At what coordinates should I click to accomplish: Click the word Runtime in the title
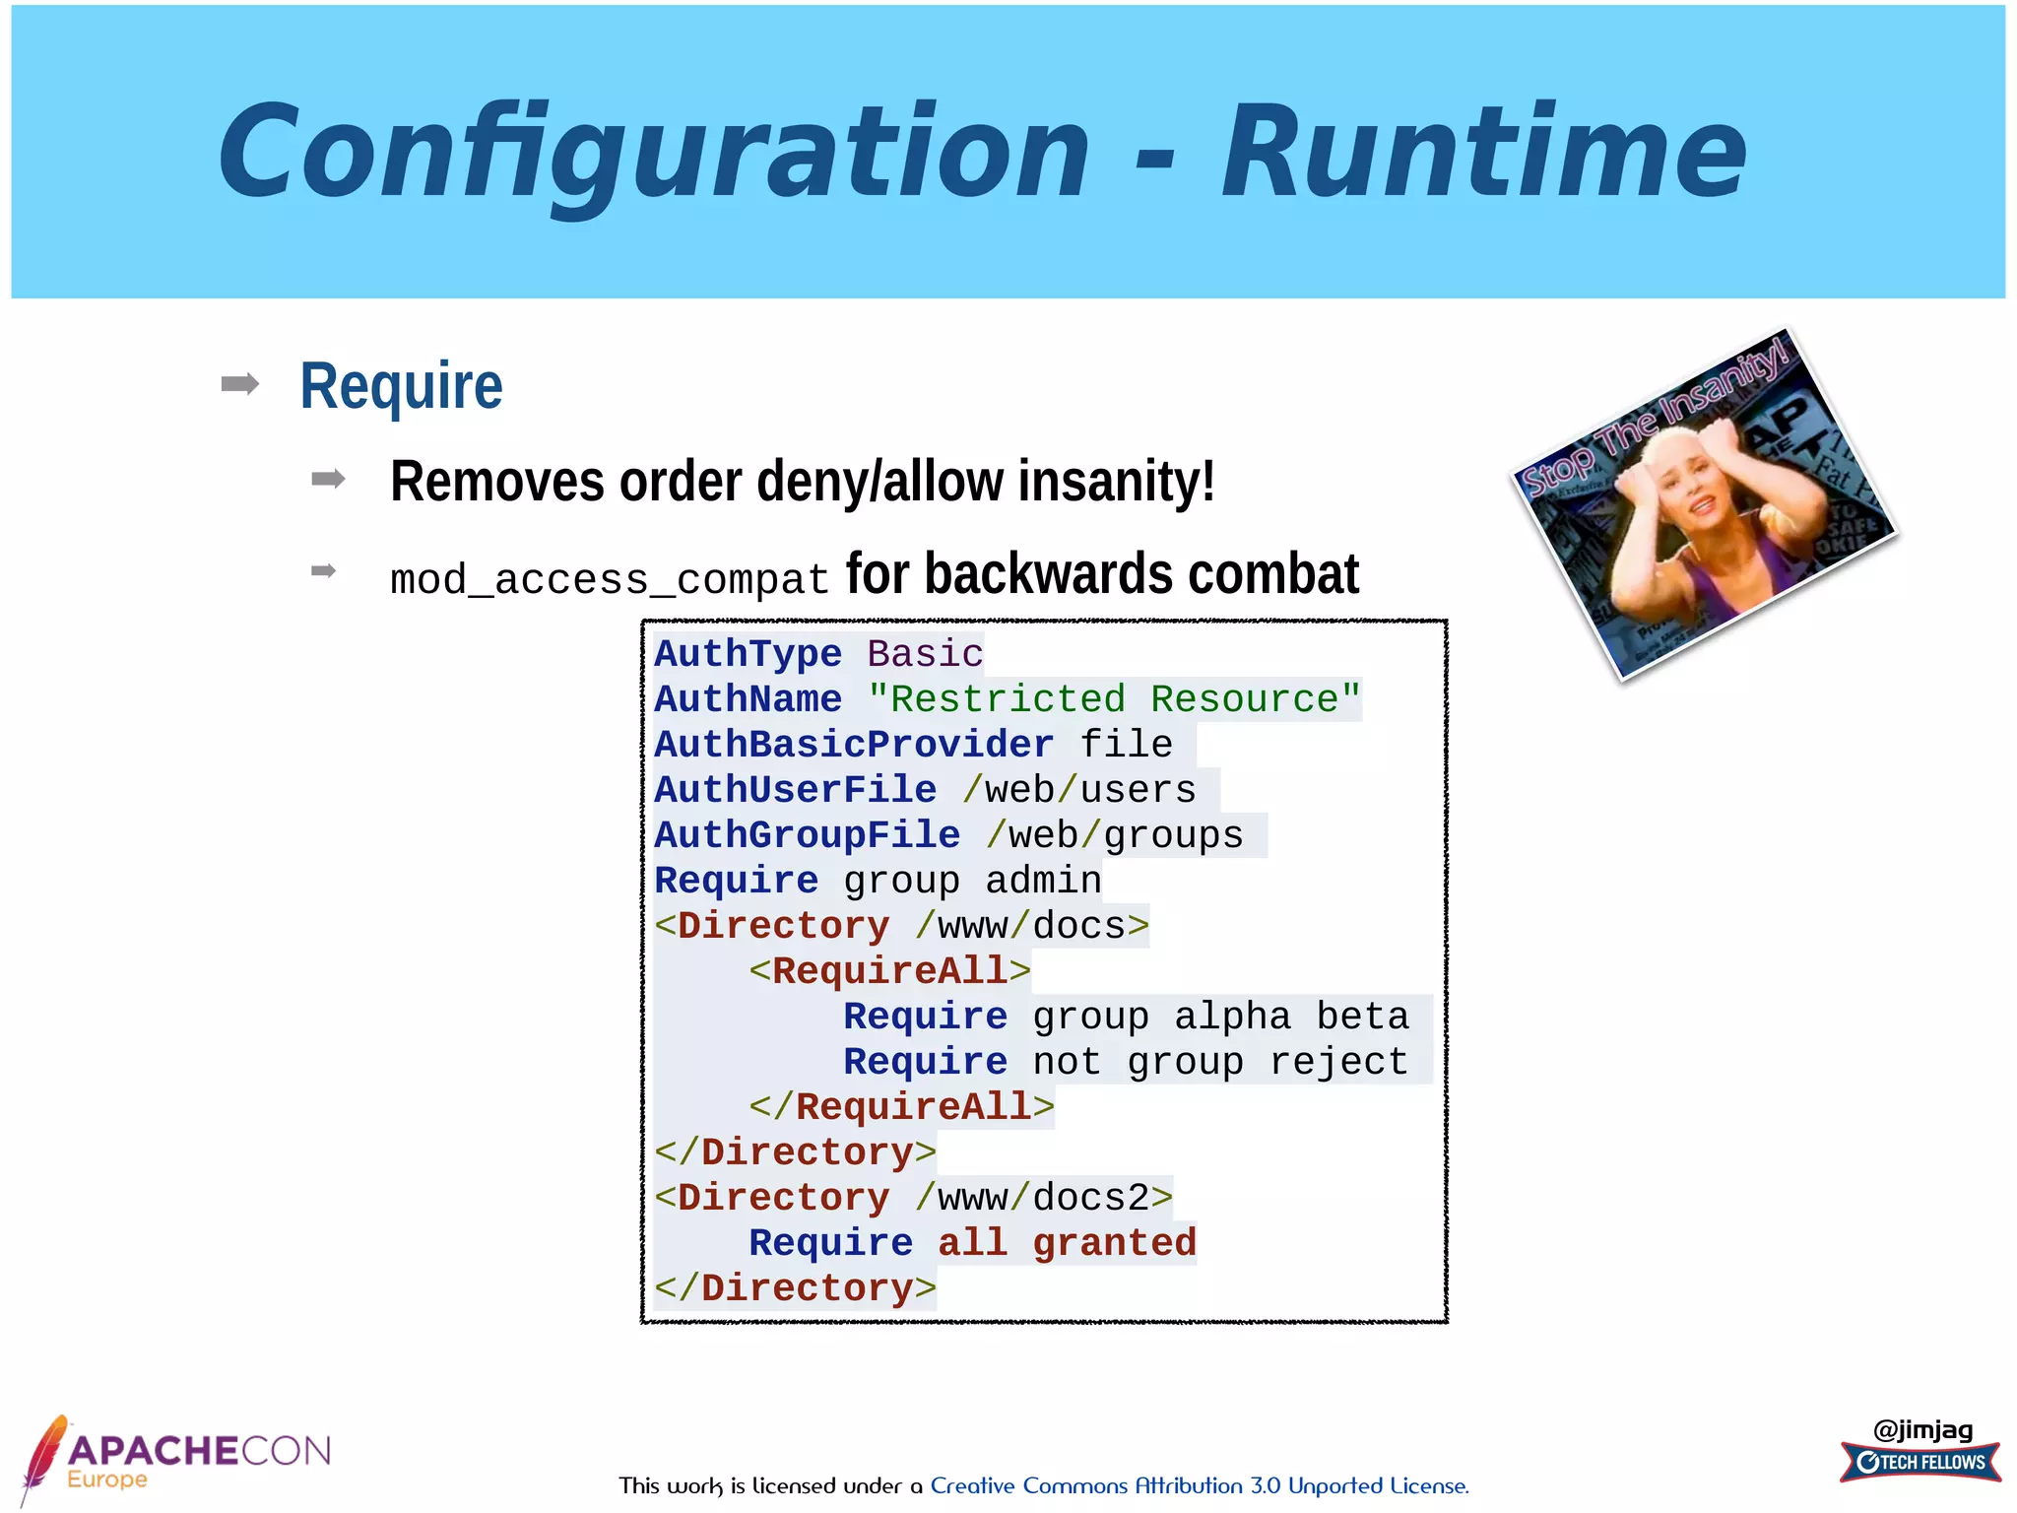(x=1483, y=153)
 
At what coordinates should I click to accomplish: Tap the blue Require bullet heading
(x=401, y=385)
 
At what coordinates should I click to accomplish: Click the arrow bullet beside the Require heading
(x=240, y=383)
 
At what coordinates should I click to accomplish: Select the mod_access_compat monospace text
(x=610, y=579)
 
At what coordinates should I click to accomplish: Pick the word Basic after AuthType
(x=925, y=654)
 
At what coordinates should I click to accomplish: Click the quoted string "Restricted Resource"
(x=1114, y=699)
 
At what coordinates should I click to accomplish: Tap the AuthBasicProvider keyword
(x=854, y=745)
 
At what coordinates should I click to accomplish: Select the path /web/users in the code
(x=1078, y=790)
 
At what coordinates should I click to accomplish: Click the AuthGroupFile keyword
(x=808, y=835)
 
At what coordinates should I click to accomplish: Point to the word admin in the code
(x=1043, y=881)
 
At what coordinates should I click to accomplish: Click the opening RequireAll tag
(x=889, y=971)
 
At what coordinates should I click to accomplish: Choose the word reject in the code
(x=1338, y=1062)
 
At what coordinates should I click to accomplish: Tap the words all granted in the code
(x=1067, y=1243)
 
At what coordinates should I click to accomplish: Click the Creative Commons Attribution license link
(x=1199, y=1485)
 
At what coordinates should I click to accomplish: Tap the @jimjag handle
(x=1922, y=1429)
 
